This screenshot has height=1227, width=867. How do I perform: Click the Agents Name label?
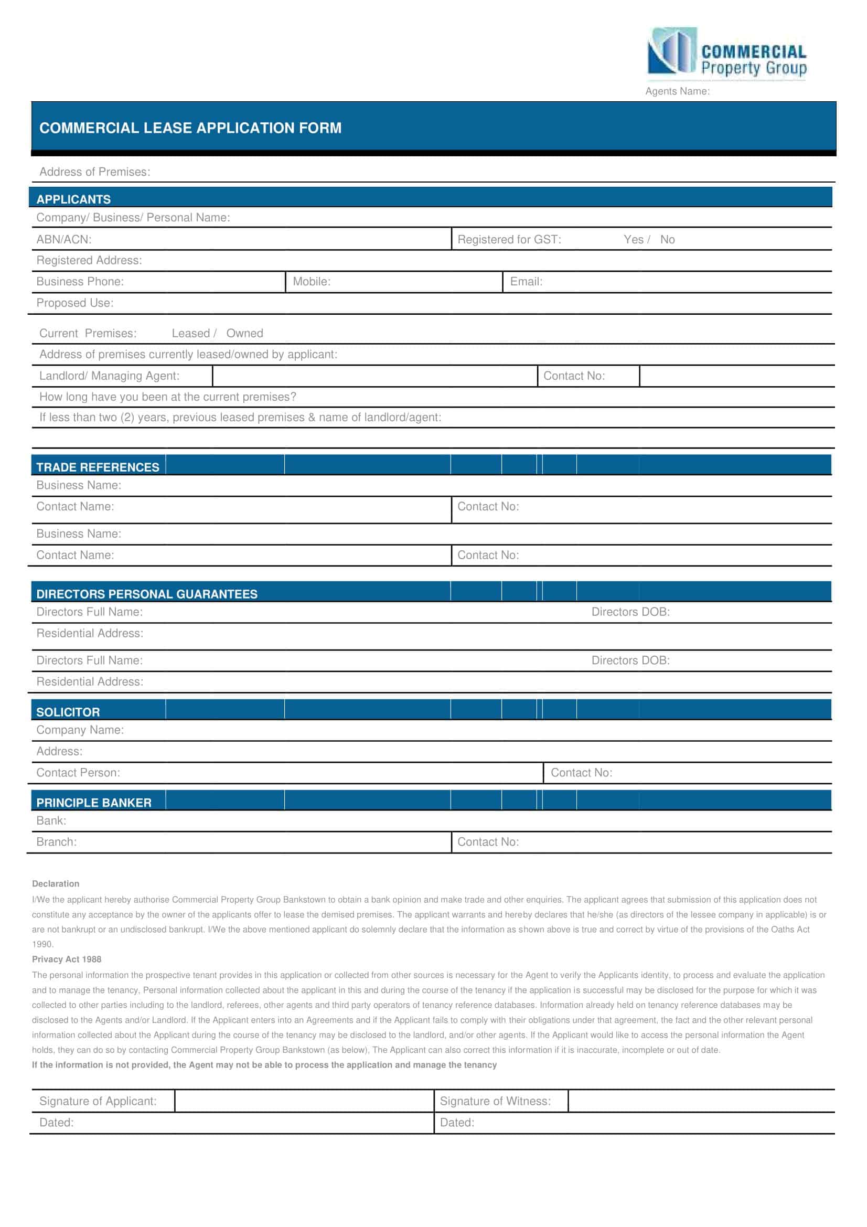point(677,91)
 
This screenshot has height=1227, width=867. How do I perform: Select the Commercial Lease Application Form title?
point(190,128)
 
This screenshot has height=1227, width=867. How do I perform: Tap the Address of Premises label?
point(94,172)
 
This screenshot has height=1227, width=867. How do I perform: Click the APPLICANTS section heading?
point(74,199)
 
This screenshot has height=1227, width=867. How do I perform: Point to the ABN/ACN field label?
point(63,240)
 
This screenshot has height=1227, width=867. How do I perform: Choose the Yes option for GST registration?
point(633,240)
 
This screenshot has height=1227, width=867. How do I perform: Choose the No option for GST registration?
point(667,240)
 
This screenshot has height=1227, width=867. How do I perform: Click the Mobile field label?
point(312,282)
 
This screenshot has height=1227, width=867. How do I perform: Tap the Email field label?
point(526,282)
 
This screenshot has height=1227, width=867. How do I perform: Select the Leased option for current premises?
point(191,334)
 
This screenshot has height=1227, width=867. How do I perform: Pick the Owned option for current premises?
point(244,334)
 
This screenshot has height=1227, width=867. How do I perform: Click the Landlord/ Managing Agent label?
point(109,376)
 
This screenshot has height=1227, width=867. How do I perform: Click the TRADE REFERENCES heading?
point(98,467)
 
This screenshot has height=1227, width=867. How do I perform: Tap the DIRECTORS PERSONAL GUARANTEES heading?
point(146,594)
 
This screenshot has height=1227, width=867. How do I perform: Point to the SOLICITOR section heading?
point(68,712)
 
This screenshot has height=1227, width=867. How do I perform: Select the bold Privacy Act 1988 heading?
point(66,959)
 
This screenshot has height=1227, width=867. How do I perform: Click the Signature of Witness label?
point(495,1101)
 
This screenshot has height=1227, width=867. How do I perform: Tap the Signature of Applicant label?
point(98,1101)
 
